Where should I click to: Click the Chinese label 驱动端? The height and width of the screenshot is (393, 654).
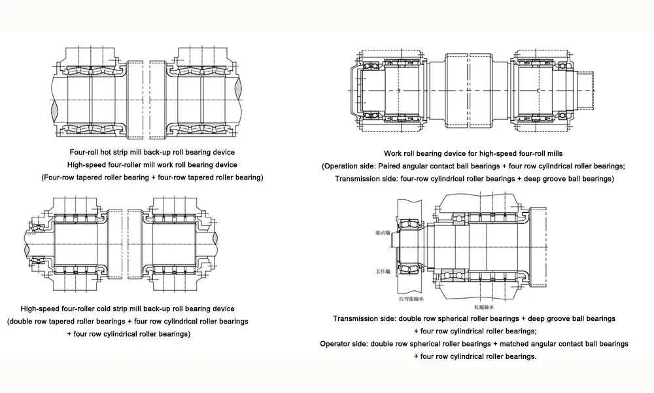point(383,233)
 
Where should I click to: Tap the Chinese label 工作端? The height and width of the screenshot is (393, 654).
point(383,271)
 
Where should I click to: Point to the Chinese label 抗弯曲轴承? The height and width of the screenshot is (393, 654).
point(411,299)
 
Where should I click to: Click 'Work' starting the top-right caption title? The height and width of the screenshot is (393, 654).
point(392,153)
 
